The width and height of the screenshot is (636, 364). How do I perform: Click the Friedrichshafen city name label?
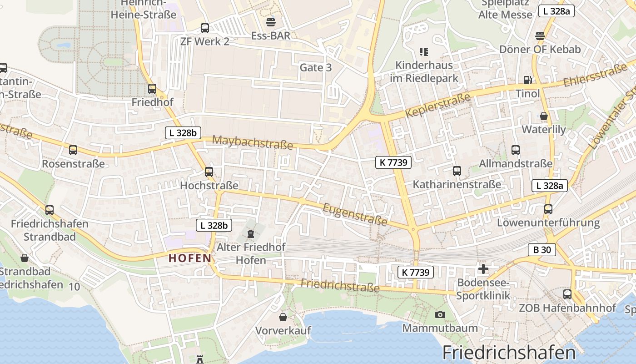pyautogui.click(x=509, y=353)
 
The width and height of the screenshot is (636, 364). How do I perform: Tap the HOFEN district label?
pyautogui.click(x=190, y=258)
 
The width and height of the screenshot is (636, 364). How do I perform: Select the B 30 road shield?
pyautogui.click(x=542, y=249)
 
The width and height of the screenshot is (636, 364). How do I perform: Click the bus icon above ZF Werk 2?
pyautogui.click(x=205, y=28)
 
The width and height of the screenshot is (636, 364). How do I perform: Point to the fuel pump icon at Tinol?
pyautogui.click(x=527, y=80)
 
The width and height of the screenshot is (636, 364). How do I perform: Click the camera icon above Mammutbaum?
pyautogui.click(x=440, y=314)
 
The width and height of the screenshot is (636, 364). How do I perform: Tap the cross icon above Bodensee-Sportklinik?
pyautogui.click(x=483, y=269)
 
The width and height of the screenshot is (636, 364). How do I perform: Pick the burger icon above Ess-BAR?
pyautogui.click(x=271, y=22)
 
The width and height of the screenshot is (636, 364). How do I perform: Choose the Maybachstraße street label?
pyautogui.click(x=252, y=142)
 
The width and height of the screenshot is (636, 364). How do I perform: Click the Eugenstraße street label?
pyautogui.click(x=355, y=215)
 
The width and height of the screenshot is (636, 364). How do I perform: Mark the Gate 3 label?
pyautogui.click(x=316, y=68)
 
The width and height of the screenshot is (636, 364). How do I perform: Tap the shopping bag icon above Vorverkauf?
pyautogui.click(x=283, y=317)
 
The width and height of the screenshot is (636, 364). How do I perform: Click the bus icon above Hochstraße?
pyautogui.click(x=209, y=172)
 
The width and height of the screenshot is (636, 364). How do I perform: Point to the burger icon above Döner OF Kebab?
pyautogui.click(x=540, y=35)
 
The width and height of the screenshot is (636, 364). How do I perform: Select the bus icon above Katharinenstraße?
pyautogui.click(x=457, y=171)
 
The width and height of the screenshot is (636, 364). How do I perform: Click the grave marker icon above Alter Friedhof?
pyautogui.click(x=250, y=234)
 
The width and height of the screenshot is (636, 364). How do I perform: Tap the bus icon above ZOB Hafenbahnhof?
pyautogui.click(x=567, y=294)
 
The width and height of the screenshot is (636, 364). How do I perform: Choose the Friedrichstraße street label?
pyautogui.click(x=340, y=286)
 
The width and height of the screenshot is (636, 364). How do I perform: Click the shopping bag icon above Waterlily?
pyautogui.click(x=544, y=116)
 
